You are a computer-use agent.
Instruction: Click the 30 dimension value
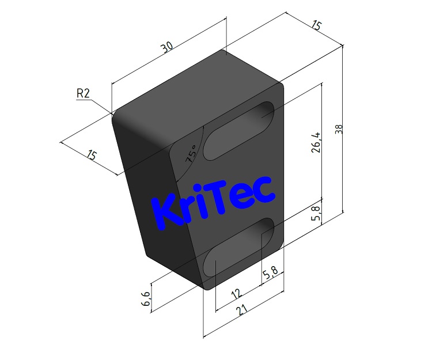167,48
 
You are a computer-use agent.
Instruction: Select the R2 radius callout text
83,93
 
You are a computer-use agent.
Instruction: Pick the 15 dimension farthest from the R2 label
316,25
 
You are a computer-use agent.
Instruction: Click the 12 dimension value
236,294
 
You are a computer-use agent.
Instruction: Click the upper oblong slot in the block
238,131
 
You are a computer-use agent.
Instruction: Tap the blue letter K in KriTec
165,213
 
